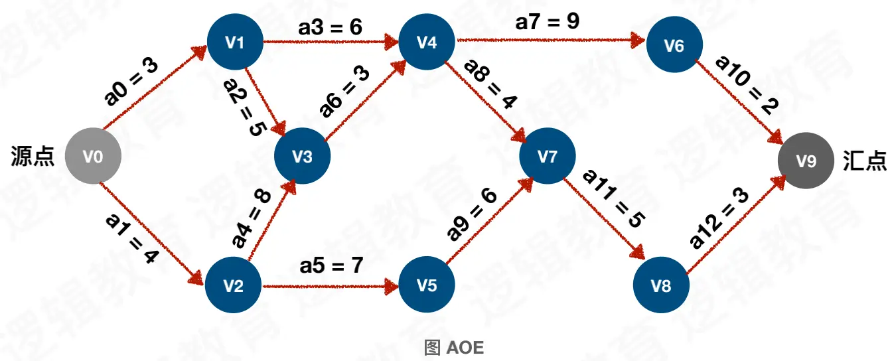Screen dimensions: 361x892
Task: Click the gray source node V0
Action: coord(93,157)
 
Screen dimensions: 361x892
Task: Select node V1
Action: coord(235,42)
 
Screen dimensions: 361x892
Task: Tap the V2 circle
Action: coord(233,286)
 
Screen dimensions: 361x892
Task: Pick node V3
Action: coord(303,157)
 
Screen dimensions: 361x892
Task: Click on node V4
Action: coord(427,42)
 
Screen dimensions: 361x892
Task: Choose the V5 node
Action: coord(427,286)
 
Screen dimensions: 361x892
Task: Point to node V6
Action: coord(674,45)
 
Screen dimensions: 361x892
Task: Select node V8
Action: coord(661,286)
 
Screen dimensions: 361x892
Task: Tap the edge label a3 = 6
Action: coord(330,28)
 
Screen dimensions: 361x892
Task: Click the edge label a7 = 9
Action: coord(548,21)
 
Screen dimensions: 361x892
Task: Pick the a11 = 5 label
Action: coord(612,199)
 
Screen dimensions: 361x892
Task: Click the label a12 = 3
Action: coord(719,218)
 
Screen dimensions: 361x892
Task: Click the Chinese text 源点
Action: coord(33,157)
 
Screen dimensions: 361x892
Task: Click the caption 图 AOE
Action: coord(454,347)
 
